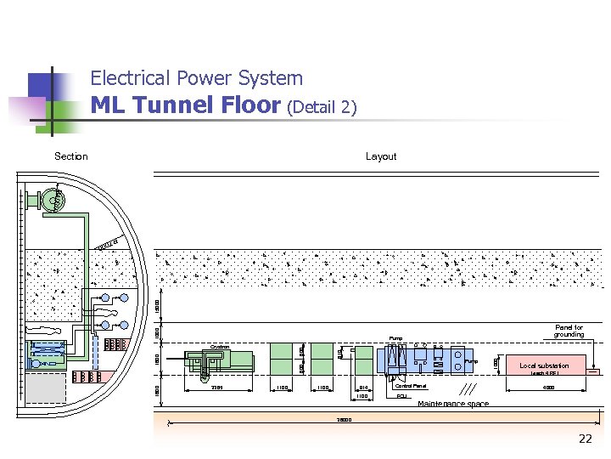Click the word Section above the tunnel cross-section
pyautogui.click(x=70, y=156)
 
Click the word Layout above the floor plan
pyautogui.click(x=381, y=156)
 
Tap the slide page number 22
pyautogui.click(x=585, y=439)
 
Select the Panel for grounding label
pyautogui.click(x=569, y=331)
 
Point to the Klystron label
pyautogui.click(x=220, y=347)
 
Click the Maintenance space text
pyautogui.click(x=453, y=404)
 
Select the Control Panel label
pyautogui.click(x=411, y=386)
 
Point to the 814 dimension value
pyautogui.click(x=363, y=388)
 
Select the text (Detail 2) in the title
pyautogui.click(x=322, y=108)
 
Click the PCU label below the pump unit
pyautogui.click(x=401, y=397)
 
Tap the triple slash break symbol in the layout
pyautogui.click(x=466, y=388)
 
